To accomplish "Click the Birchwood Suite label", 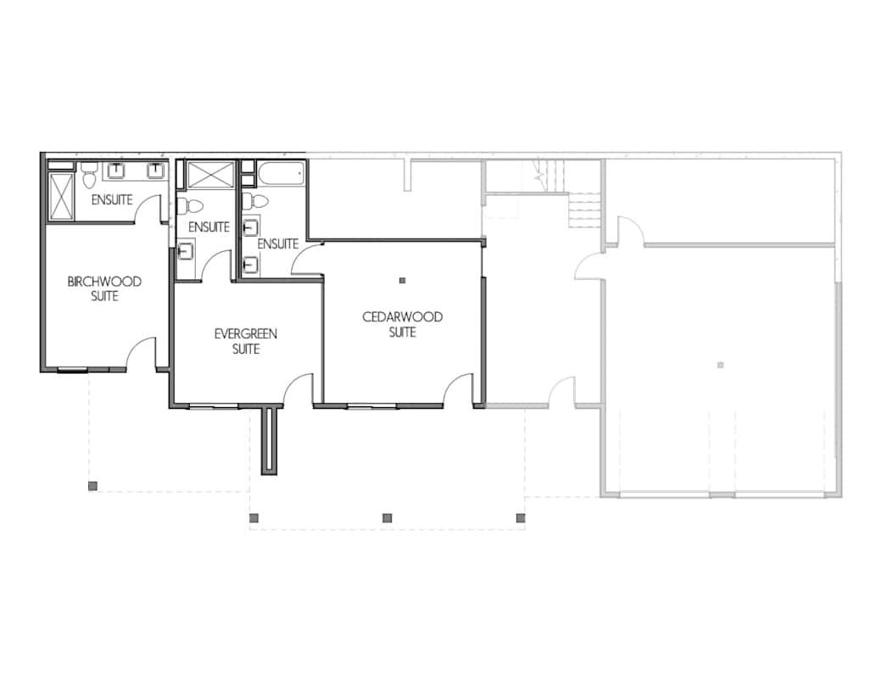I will tap(104, 289).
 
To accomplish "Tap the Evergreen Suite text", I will tap(245, 341).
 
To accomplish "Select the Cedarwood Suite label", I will tap(402, 325).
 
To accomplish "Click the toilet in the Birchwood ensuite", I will tap(89, 179).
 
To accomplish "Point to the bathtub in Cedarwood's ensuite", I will tap(276, 174).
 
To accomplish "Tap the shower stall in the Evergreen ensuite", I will tap(209, 175).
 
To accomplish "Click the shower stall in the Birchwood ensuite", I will tap(62, 196).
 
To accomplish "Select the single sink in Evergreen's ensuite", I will tap(186, 249).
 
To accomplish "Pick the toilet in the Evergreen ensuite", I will tap(190, 205).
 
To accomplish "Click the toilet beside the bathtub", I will tap(255, 202).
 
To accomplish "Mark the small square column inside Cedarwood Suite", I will tap(403, 281).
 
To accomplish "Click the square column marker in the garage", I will tap(720, 366).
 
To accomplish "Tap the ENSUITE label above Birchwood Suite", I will tap(112, 200).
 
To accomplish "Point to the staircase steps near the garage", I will tap(584, 209).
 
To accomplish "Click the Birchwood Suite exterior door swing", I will tap(142, 355).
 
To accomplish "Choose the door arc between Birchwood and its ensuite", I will tap(153, 208).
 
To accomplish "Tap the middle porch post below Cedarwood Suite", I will tap(387, 517).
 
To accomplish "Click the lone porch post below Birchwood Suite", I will tap(92, 486).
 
